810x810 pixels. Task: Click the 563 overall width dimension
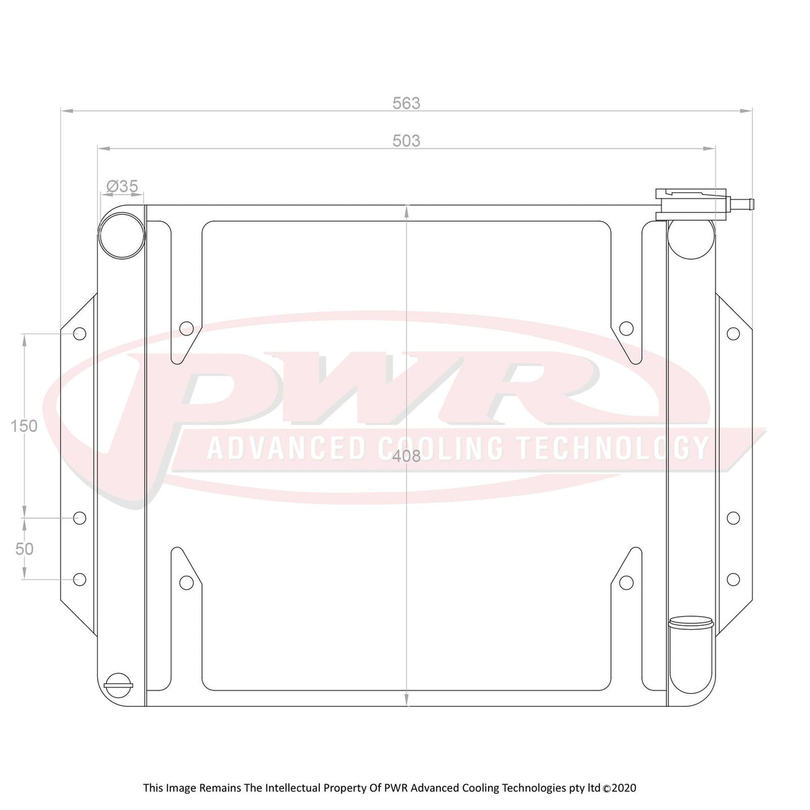pos(406,103)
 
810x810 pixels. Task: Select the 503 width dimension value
pos(406,140)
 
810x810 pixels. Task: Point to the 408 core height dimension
pos(406,457)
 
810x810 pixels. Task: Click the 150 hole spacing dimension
pos(24,426)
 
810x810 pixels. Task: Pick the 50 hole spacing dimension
pos(24,549)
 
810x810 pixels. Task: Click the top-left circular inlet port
pos(122,235)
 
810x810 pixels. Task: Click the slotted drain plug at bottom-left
pos(119,686)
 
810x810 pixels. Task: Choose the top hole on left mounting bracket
pos(80,333)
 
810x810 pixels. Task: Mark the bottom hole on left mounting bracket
pos(80,578)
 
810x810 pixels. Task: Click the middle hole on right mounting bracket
pos(732,518)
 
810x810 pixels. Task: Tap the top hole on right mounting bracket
pos(732,333)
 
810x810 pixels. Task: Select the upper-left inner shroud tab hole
pos(186,329)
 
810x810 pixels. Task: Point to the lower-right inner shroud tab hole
pos(626,582)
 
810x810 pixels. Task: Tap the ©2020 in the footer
pos(619,788)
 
